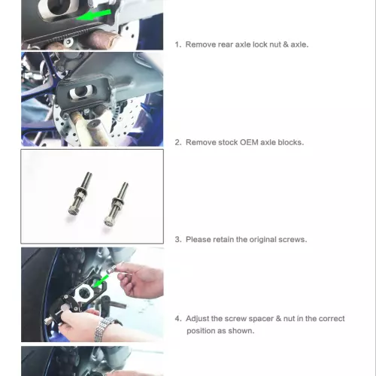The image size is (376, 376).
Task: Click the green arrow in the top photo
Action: point(94,15)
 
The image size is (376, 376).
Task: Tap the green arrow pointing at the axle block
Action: point(101,281)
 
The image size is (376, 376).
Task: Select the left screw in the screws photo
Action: point(80,193)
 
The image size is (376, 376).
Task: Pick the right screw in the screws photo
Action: point(116,204)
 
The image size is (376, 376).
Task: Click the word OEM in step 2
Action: point(249,142)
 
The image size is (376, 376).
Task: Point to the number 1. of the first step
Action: point(178,44)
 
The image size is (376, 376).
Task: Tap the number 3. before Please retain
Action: point(178,239)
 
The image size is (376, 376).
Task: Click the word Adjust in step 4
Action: point(197,319)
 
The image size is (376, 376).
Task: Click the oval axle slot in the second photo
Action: point(81,92)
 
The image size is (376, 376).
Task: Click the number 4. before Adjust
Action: point(178,319)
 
